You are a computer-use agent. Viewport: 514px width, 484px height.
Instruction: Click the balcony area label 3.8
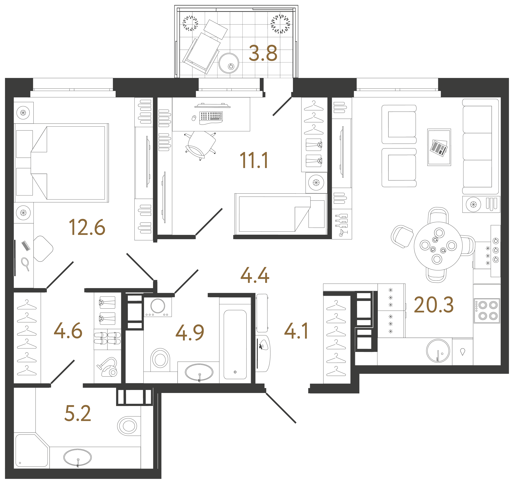263,54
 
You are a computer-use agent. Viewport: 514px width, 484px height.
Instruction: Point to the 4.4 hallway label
255,275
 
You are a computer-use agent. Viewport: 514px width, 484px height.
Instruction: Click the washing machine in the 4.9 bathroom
157,307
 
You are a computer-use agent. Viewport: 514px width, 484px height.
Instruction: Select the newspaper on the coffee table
439,148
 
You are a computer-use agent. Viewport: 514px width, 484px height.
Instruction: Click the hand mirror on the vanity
25,263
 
